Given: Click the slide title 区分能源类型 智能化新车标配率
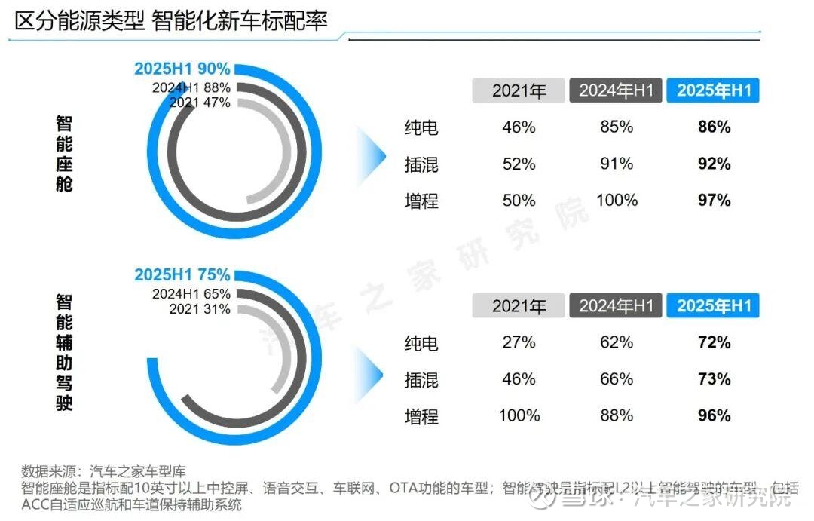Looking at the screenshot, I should [x=171, y=20].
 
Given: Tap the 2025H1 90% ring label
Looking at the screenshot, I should [x=182, y=69].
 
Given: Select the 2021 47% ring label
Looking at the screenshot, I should [x=200, y=103].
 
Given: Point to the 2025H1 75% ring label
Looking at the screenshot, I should [x=182, y=274].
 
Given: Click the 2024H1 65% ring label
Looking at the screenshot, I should [x=191, y=293].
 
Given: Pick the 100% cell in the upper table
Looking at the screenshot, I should [x=617, y=200].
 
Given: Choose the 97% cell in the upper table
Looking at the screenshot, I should [x=714, y=200].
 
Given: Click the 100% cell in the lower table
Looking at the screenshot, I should [x=519, y=415].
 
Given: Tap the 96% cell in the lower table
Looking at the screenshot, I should [x=714, y=415].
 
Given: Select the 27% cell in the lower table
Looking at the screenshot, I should [x=519, y=342].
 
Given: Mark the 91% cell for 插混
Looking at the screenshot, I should [x=617, y=164].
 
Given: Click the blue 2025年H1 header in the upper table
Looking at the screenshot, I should [x=714, y=91].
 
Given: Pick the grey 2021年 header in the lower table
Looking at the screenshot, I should [x=519, y=306].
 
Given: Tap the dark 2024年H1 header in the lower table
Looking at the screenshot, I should [x=617, y=306].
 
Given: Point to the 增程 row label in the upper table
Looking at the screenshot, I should [x=421, y=201].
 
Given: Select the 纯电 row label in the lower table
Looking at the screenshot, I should [x=421, y=343].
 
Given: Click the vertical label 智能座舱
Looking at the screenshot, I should [x=64, y=154].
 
